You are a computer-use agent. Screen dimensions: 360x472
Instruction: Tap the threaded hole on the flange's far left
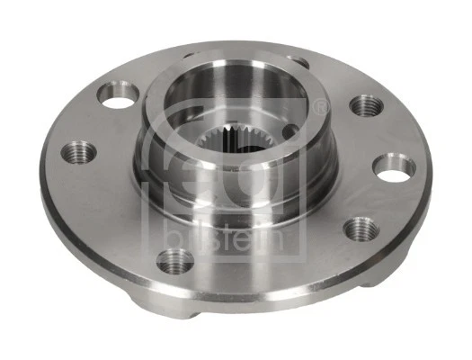click(x=75, y=150)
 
